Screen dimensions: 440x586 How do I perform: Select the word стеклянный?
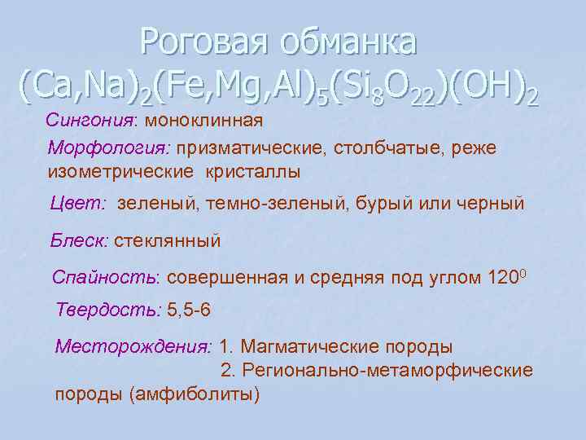click(x=168, y=241)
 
